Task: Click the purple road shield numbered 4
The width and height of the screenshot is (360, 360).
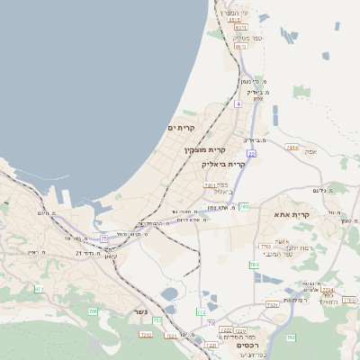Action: coord(238,104)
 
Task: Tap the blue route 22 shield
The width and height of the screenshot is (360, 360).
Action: coord(253,155)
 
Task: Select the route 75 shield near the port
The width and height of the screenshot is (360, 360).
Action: coord(104,238)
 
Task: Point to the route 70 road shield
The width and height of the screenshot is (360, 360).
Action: coord(211,321)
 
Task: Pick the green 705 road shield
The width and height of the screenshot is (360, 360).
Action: coord(93,311)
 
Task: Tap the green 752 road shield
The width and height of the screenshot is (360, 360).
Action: coord(157,320)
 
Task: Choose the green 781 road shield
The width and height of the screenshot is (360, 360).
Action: coord(243,206)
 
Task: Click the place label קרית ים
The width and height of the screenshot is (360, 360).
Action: coord(181,128)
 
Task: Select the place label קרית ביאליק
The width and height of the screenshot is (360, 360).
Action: coord(223,165)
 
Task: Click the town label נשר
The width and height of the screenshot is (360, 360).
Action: coord(139,312)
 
